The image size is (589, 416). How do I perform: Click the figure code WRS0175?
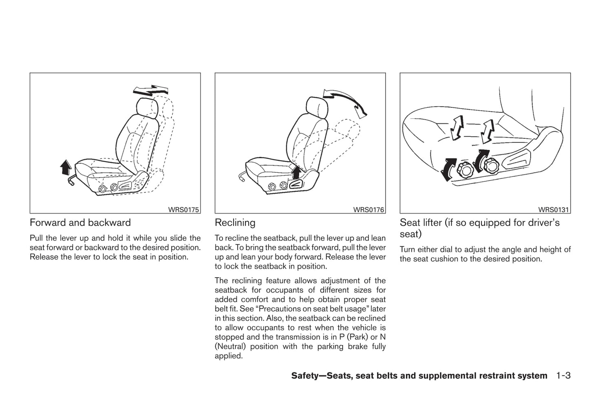click(x=183, y=210)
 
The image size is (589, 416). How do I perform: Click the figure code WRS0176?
click(x=368, y=210)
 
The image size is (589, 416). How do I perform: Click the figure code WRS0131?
click(x=553, y=210)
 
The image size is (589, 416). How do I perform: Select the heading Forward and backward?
click(x=80, y=222)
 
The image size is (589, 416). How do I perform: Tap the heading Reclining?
click(x=235, y=222)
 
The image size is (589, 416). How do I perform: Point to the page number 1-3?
click(x=563, y=376)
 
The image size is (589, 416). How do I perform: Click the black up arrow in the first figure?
click(x=65, y=167)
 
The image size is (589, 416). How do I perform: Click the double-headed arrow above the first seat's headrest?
click(x=151, y=91)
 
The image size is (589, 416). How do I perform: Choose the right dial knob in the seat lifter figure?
click(x=490, y=165)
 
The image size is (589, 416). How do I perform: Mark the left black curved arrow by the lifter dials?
click(x=447, y=169)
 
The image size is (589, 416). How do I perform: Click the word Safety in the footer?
click(x=305, y=376)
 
